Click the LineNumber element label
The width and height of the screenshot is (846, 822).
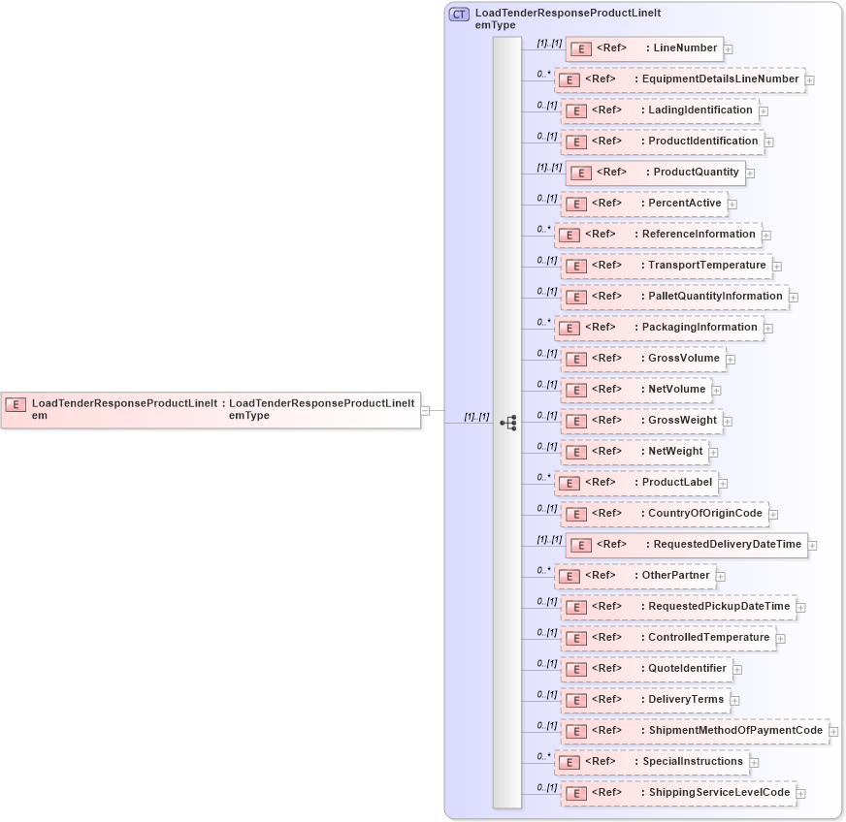click(x=685, y=47)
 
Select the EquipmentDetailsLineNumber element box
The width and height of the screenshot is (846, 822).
click(x=679, y=79)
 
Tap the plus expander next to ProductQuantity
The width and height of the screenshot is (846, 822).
click(x=750, y=174)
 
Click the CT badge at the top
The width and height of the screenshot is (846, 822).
click(x=459, y=15)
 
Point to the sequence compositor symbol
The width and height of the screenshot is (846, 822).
click(x=507, y=423)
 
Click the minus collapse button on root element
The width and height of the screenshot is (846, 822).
click(x=426, y=410)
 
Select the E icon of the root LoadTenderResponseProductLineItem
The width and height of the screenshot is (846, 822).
click(x=16, y=404)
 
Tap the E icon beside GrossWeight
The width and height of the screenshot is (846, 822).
click(x=574, y=421)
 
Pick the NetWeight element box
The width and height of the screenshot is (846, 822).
click(x=634, y=452)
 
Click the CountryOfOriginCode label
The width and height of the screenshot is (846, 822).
click(x=705, y=513)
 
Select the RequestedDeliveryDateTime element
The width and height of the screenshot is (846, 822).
click(x=686, y=545)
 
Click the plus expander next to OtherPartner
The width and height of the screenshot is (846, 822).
click(x=721, y=577)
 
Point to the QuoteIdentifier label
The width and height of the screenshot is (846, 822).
click(x=687, y=668)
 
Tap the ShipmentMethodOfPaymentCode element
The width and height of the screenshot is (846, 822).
click(x=695, y=731)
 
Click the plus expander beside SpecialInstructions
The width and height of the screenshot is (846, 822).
click(x=754, y=763)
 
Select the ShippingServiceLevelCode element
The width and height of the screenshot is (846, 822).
click(x=678, y=793)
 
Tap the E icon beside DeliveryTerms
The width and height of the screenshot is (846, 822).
click(x=574, y=700)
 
